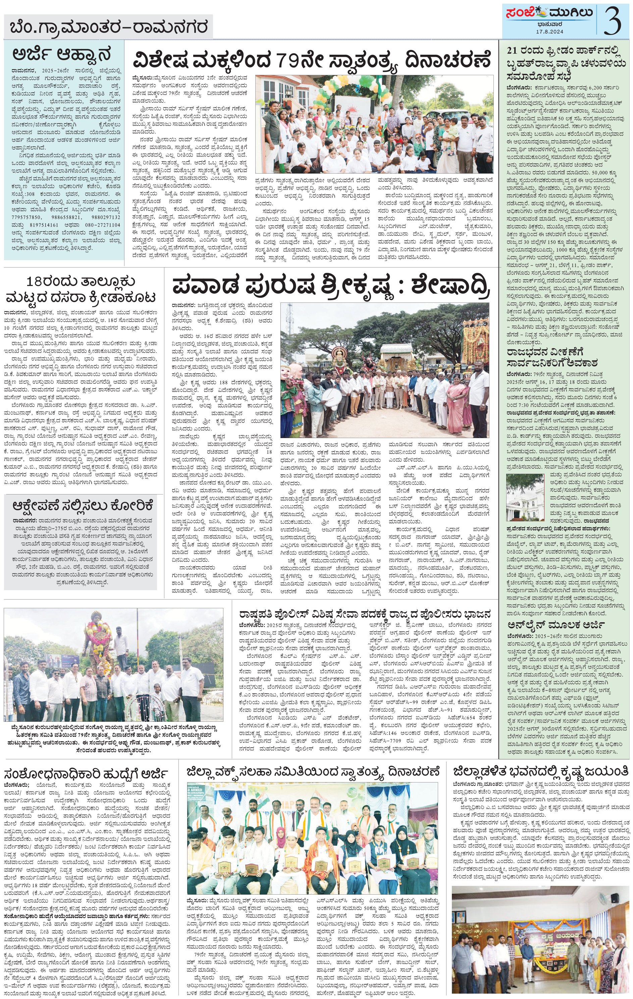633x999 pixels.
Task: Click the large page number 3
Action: click(612, 21)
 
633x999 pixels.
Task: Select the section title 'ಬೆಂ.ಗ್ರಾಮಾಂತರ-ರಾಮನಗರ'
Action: click(109, 28)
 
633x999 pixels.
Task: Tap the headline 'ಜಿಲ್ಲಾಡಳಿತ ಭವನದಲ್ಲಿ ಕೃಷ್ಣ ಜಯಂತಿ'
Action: click(540, 772)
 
